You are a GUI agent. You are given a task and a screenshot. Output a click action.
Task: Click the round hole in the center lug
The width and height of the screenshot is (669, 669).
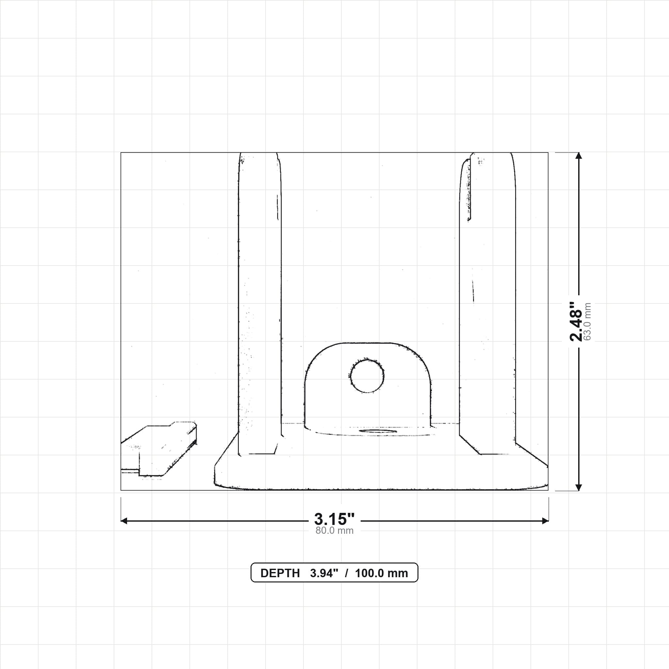click(x=367, y=376)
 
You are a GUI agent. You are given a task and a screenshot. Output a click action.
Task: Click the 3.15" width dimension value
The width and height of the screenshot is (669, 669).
click(x=334, y=519)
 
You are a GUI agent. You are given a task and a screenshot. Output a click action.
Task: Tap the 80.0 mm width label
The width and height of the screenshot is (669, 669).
click(x=334, y=530)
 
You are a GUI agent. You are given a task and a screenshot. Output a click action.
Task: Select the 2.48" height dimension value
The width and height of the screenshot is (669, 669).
click(x=576, y=322)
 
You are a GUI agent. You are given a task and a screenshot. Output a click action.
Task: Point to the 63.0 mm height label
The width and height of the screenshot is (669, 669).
click(x=587, y=322)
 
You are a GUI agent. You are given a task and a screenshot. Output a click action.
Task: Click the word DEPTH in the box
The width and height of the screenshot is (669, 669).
click(x=280, y=573)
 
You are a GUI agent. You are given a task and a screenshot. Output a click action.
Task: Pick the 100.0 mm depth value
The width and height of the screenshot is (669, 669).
click(x=381, y=573)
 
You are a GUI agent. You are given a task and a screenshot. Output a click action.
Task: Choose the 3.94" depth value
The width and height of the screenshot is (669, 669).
click(x=324, y=573)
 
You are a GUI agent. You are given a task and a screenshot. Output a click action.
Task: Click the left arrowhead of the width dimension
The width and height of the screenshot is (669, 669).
click(x=124, y=521)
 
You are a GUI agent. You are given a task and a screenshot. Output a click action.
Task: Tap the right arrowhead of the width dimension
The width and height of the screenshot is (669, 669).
click(x=545, y=521)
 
